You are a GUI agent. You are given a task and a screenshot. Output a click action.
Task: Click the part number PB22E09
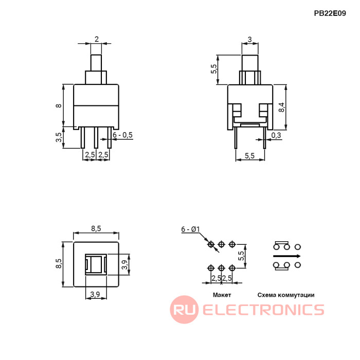coord(330,14)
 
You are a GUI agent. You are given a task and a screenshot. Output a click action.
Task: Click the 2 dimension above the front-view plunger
coord(97,39)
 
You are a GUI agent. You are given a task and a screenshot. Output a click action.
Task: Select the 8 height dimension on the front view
coord(59,105)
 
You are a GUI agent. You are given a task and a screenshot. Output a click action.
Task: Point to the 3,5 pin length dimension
coord(59,137)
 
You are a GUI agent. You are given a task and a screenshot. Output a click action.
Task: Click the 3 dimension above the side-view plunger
coord(249,39)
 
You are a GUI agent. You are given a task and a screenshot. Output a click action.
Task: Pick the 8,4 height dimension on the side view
coord(281,107)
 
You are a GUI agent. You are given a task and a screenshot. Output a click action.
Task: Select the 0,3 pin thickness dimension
coord(276,135)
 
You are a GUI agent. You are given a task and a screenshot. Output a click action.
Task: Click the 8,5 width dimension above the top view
coord(96,228)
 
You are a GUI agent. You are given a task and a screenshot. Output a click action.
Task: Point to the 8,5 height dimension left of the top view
coord(59,263)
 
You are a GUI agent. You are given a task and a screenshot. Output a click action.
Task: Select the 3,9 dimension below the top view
coord(95,294)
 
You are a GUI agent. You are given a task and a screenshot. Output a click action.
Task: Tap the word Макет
coord(222,295)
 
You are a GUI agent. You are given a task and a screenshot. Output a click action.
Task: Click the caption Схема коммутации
coord(286,295)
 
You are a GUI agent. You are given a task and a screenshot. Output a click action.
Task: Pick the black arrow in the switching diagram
coord(286,256)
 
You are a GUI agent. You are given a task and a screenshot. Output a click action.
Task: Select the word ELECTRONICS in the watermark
coord(263,310)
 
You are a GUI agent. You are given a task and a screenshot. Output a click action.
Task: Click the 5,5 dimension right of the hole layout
coord(241,256)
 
